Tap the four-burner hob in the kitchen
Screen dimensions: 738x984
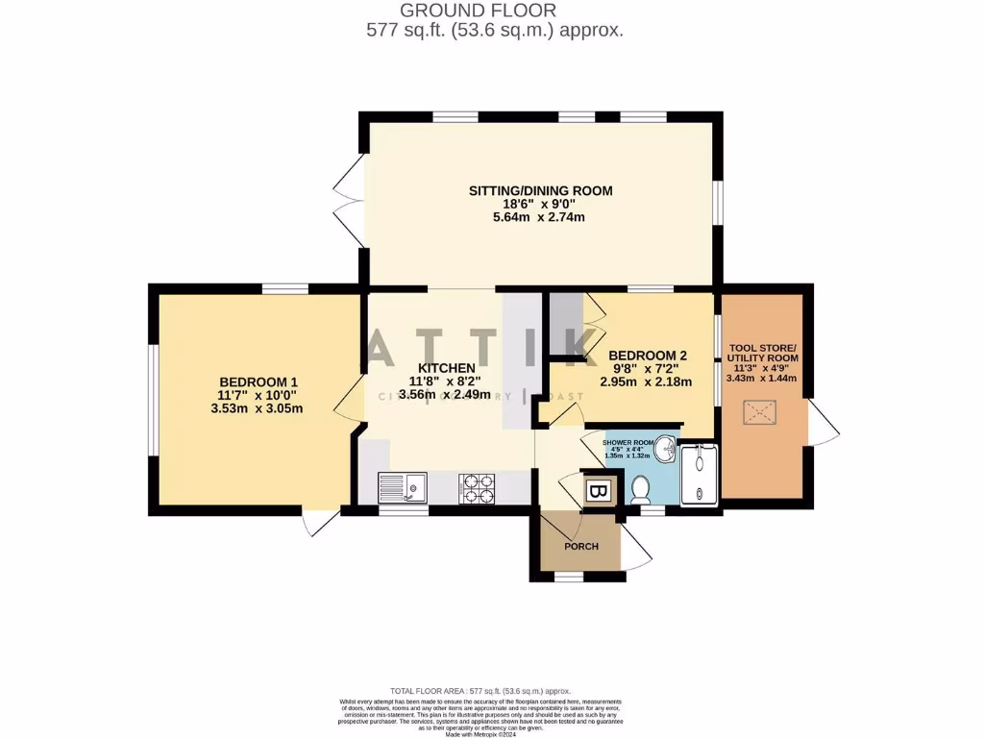[478, 488]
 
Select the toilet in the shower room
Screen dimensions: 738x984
[641, 489]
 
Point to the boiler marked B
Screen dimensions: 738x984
[598, 492]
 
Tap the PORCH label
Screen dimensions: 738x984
[581, 546]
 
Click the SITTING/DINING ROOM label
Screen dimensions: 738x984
[540, 190]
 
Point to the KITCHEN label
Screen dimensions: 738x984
[445, 368]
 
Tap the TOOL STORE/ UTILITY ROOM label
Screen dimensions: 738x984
[763, 353]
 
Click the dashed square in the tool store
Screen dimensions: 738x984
[762, 412]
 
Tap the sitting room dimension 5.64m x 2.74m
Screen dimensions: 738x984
[540, 217]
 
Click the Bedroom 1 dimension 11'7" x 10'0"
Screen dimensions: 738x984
[257, 394]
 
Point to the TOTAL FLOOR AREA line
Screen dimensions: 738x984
[480, 691]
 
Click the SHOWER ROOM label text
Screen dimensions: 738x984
[627, 443]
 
